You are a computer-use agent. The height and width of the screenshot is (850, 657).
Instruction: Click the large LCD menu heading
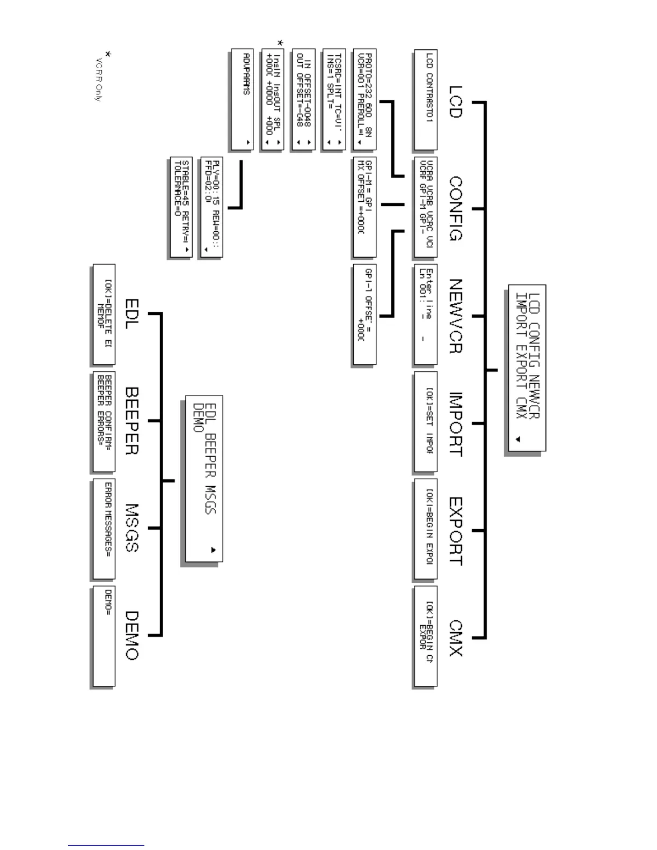click(455, 102)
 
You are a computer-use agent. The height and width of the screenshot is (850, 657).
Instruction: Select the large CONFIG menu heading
click(455, 209)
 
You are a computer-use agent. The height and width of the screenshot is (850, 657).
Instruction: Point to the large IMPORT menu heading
click(455, 424)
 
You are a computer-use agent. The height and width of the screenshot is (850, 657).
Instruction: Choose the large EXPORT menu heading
click(455, 531)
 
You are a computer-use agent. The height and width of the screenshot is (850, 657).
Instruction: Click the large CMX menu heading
click(455, 638)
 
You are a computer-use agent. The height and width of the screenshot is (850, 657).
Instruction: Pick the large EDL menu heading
click(132, 314)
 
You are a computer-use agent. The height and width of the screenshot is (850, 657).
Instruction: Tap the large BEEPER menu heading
click(132, 421)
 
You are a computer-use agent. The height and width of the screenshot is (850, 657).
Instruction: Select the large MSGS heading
click(132, 528)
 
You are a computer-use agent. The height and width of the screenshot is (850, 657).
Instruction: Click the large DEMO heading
click(132, 635)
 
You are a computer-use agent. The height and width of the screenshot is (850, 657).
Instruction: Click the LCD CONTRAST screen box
click(425, 100)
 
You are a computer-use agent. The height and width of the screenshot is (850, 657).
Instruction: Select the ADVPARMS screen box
click(242, 100)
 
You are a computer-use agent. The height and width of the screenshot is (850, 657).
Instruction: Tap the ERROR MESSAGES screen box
click(104, 529)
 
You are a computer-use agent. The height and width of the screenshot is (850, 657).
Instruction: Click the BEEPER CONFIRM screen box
click(104, 421)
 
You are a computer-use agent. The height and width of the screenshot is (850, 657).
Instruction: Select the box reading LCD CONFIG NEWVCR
click(527, 368)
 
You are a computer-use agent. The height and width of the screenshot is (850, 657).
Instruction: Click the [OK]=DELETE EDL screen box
click(104, 314)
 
